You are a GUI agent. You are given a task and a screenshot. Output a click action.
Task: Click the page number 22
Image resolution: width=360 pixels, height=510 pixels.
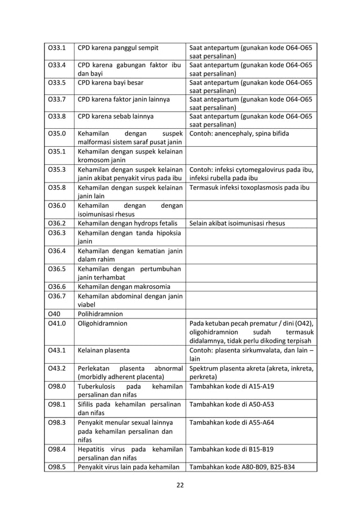coord(179,484)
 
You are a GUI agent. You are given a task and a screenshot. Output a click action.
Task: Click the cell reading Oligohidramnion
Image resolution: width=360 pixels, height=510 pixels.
coord(103,324)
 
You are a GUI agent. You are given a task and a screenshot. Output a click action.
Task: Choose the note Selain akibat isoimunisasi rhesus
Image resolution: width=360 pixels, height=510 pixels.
coord(237,223)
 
